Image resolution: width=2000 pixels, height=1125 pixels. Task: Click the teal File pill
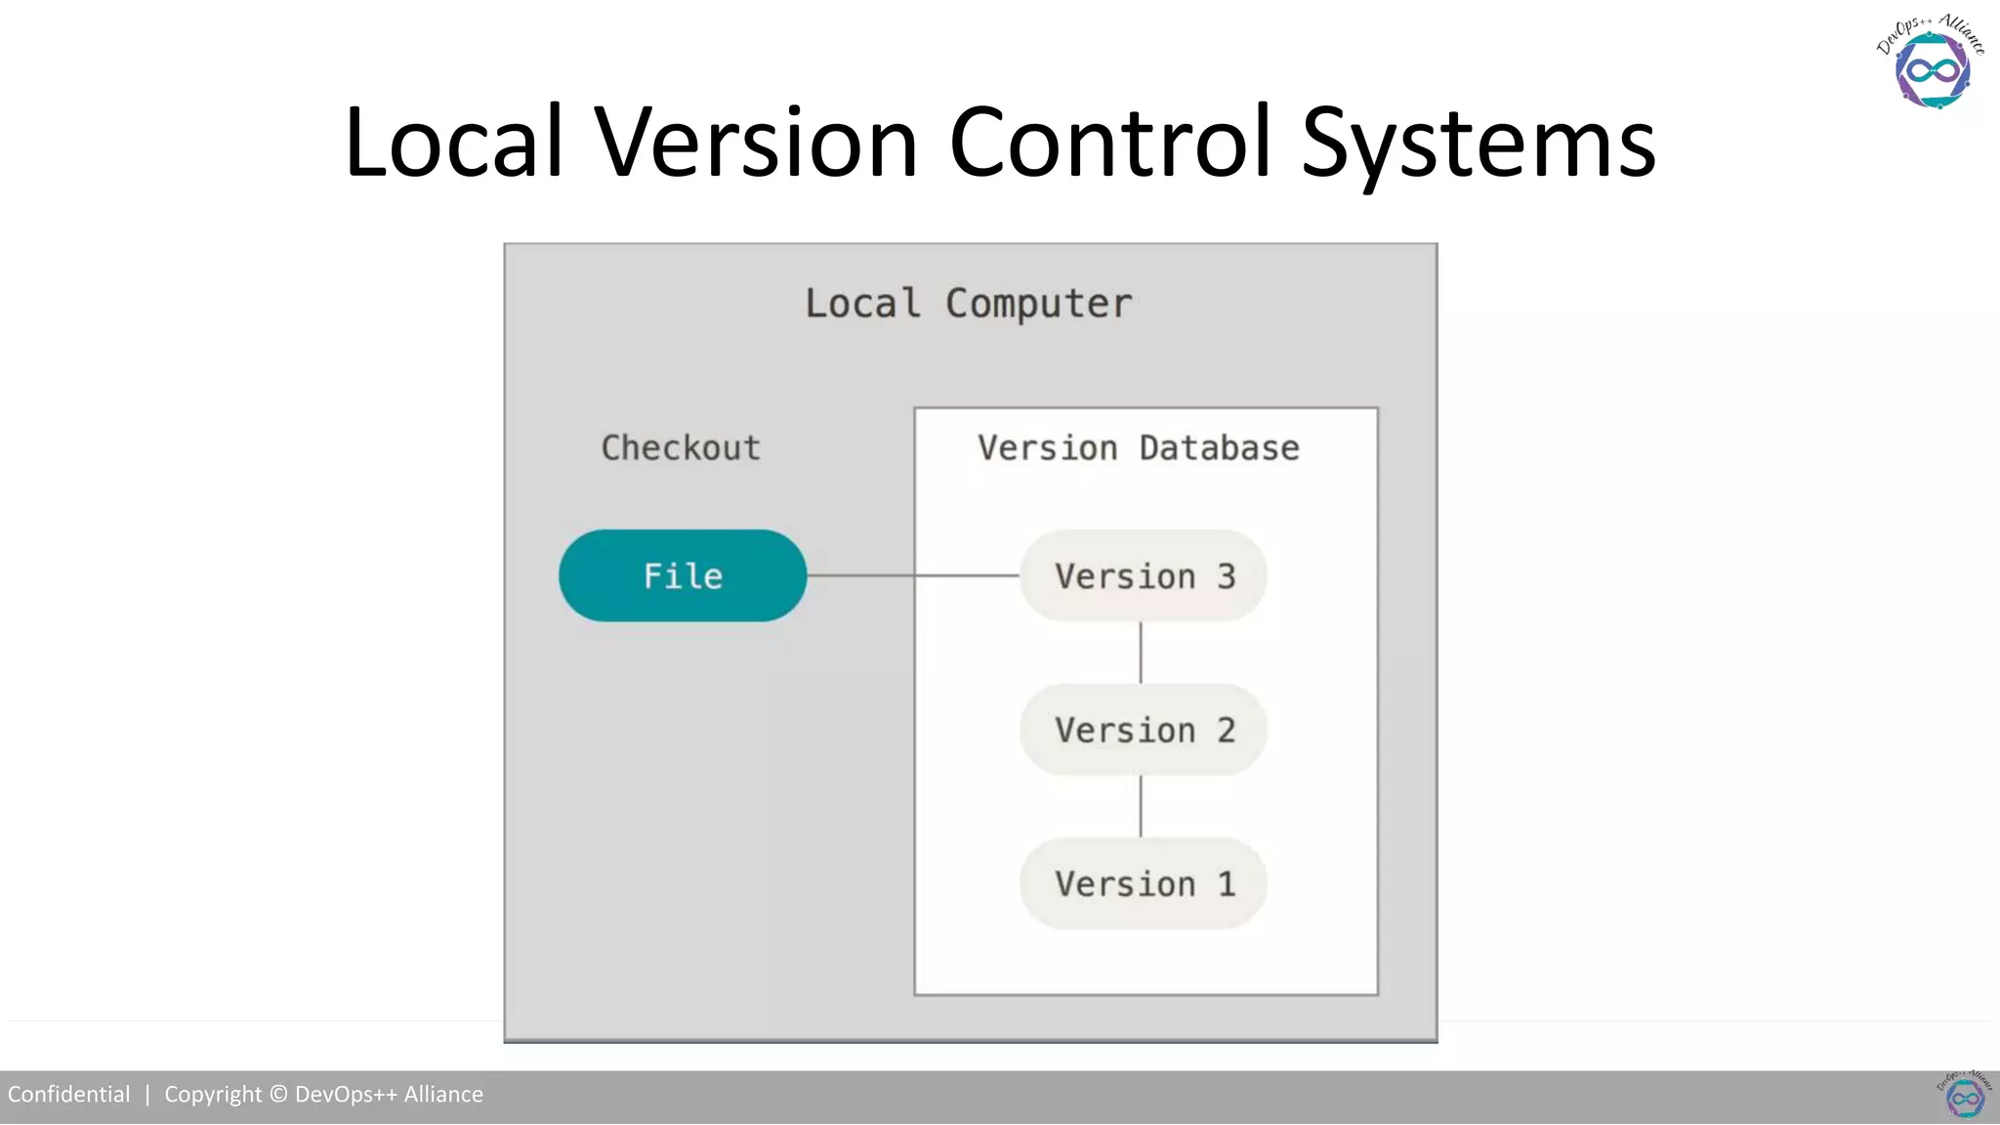coord(683,576)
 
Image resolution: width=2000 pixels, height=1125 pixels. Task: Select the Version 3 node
coord(1144,576)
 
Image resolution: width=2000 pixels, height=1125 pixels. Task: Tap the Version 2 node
coord(1144,729)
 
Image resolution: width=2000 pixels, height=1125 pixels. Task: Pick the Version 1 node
coord(1144,883)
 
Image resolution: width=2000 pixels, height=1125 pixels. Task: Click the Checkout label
coord(681,448)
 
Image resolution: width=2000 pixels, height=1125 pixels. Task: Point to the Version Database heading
coord(1139,448)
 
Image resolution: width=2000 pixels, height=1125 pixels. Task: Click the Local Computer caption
coord(968,304)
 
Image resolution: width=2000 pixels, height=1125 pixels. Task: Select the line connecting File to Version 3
coord(913,576)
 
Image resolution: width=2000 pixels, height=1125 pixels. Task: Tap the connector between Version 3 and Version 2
coord(1141,652)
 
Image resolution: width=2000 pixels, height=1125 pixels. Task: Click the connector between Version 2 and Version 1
coord(1141,806)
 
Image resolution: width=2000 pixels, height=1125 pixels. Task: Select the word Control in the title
coord(1110,143)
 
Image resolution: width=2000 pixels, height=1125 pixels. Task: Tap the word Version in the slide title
coord(757,143)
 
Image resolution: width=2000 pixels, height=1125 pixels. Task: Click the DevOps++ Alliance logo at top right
coord(1931,62)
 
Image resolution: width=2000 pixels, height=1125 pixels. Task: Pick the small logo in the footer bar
coord(1965,1095)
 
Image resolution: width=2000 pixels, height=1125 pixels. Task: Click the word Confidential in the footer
coord(68,1095)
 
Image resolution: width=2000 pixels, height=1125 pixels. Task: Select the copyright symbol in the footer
coord(278,1095)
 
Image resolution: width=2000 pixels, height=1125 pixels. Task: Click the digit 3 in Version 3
coord(1227,576)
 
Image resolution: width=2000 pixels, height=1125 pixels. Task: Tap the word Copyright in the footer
coord(213,1095)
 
